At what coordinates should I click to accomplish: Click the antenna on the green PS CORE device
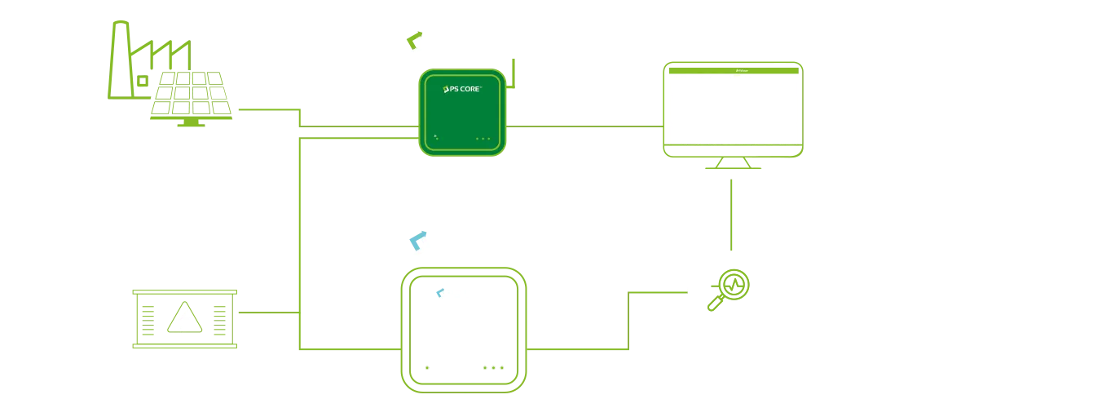point(511,70)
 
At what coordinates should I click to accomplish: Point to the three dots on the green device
point(483,139)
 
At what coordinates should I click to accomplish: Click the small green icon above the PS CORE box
point(414,38)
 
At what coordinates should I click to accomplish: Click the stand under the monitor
point(733,164)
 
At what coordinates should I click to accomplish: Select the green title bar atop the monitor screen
point(733,71)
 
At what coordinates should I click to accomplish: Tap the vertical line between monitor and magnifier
point(733,214)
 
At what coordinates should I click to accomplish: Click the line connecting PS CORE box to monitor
point(582,126)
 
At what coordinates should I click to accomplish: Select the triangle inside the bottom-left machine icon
point(186,319)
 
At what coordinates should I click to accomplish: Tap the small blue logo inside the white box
point(439,292)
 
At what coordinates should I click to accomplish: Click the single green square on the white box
point(426,369)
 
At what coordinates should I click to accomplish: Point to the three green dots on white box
point(494,369)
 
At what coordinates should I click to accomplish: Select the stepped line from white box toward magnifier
point(628,318)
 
